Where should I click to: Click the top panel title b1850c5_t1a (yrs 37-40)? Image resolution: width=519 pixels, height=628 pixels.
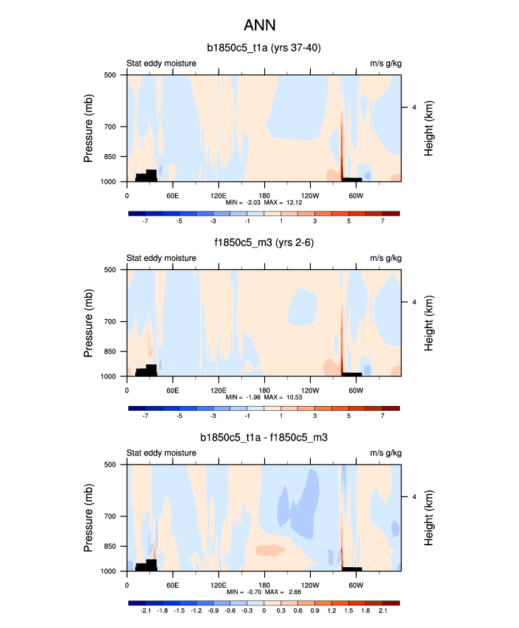coord(264,48)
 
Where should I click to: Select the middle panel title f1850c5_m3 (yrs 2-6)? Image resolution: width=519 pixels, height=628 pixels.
coord(264,243)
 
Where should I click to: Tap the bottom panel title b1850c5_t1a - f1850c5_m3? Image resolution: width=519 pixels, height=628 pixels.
coord(264,438)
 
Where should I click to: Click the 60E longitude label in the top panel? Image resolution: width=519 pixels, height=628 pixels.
coord(172,194)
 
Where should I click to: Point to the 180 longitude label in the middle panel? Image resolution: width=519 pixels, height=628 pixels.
coord(264,390)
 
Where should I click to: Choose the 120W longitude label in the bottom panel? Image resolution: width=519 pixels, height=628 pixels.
coord(309,585)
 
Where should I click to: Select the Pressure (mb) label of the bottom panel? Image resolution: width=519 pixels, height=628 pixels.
coord(89,518)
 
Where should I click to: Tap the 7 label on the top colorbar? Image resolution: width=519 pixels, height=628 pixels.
coord(382,221)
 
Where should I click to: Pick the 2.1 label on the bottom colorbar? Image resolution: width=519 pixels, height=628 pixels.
coord(382,611)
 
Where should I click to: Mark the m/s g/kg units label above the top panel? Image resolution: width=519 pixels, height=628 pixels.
coord(385,64)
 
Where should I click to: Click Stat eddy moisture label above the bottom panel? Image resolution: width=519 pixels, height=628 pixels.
coord(161,453)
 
